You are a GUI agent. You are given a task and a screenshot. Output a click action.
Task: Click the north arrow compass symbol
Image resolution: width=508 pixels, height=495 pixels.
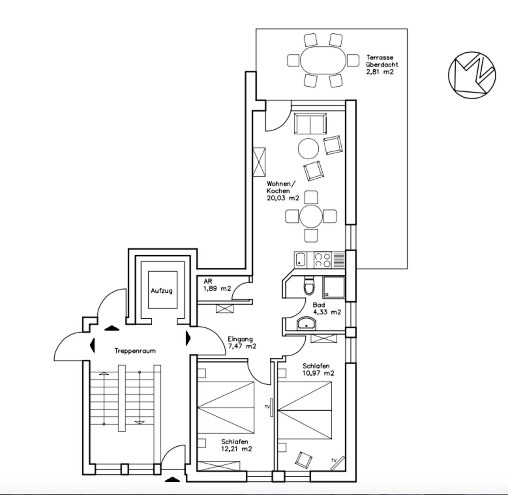coord(472,75)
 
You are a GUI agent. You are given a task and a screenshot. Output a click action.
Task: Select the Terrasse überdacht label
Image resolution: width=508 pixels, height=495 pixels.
coord(382,65)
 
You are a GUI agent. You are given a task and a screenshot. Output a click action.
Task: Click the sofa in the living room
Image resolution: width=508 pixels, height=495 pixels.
coord(310,123)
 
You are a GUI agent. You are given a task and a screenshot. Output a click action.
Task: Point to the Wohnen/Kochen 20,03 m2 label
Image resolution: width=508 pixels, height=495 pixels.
coord(283,191)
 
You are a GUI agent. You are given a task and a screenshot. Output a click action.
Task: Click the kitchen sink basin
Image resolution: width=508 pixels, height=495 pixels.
coord(301,259)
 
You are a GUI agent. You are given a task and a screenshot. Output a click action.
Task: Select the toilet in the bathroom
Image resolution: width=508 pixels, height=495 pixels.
coord(309,284)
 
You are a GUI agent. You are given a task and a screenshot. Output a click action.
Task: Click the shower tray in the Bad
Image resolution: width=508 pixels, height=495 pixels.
coord(334,287)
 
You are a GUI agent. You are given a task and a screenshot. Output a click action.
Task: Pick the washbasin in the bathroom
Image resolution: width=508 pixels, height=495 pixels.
coord(307,324)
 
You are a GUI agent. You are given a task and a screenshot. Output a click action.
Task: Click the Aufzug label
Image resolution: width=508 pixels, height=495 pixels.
coord(162,291)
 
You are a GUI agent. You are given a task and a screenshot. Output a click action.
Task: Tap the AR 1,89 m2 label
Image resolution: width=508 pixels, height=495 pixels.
coord(217,285)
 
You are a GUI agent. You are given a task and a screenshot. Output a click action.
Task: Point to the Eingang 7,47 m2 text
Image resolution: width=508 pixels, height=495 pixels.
coord(242,342)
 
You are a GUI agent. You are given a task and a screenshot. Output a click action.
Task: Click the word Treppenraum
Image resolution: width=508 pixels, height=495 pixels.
coord(135,351)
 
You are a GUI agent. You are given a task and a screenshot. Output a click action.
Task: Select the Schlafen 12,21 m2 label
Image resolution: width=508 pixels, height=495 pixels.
coord(236,445)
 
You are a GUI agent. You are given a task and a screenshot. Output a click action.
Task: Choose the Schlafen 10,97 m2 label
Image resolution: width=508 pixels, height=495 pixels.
coord(318,369)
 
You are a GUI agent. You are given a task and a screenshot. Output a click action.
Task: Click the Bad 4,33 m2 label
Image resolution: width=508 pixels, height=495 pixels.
coord(327,308)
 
